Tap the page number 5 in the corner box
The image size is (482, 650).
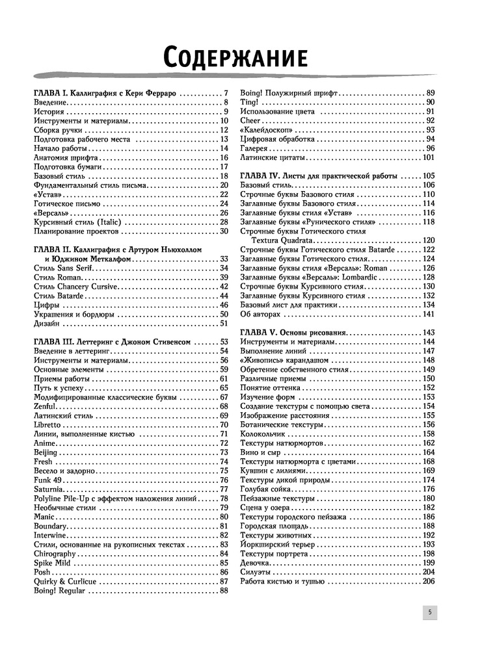[429, 612]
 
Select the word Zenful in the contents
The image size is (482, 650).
[44, 406]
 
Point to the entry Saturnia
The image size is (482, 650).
[48, 489]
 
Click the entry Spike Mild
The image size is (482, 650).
[52, 563]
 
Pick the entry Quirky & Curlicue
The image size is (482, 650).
[64, 581]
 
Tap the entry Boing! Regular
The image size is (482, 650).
[59, 591]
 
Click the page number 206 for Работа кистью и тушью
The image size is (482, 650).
[428, 581]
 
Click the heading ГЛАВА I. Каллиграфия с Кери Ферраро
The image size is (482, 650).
[105, 93]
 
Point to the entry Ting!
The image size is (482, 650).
[250, 102]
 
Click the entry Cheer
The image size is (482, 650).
[251, 120]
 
